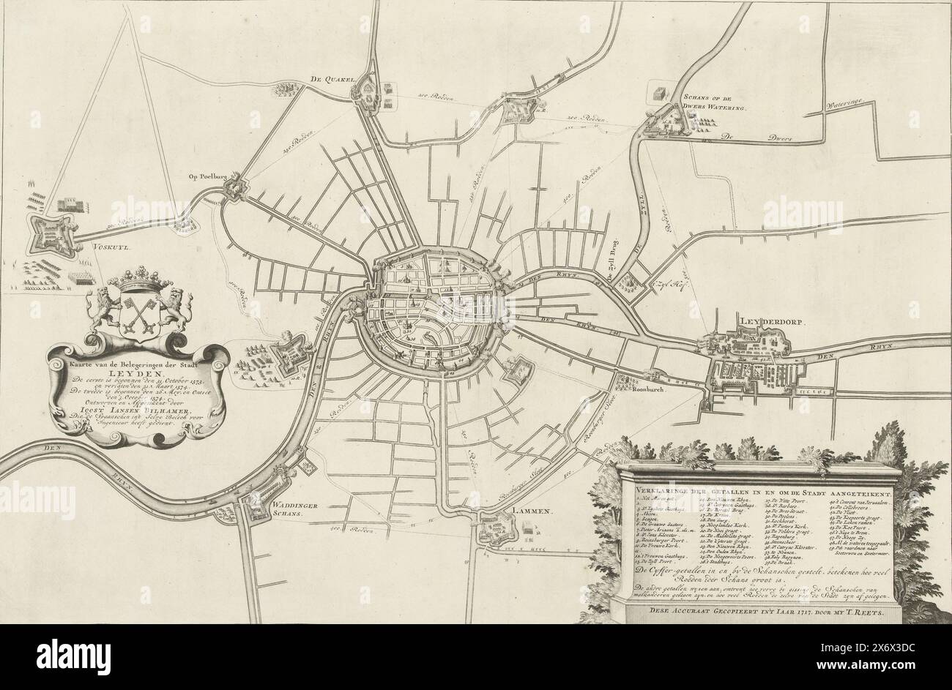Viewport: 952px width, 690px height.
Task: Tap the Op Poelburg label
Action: (205, 176)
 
